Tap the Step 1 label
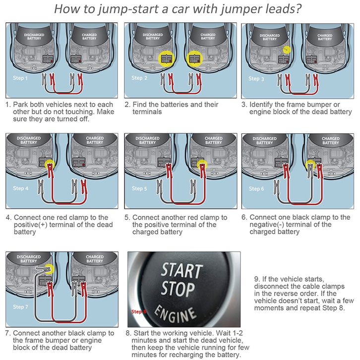[20, 78]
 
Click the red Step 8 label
[139, 311]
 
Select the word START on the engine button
[181, 270]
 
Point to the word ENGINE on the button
[176, 314]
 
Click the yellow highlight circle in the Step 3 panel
[287, 50]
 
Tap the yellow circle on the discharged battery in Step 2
[167, 59]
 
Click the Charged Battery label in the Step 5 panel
[214, 140]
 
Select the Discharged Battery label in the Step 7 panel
[28, 259]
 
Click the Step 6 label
[256, 189]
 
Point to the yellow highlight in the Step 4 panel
[50, 165]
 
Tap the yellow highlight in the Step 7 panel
[49, 269]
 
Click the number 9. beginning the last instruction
[257, 279]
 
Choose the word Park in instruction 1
[21, 105]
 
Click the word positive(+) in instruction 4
[31, 225]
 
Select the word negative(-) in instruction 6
[267, 224]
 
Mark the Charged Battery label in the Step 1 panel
[89, 37]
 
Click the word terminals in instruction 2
[147, 112]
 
